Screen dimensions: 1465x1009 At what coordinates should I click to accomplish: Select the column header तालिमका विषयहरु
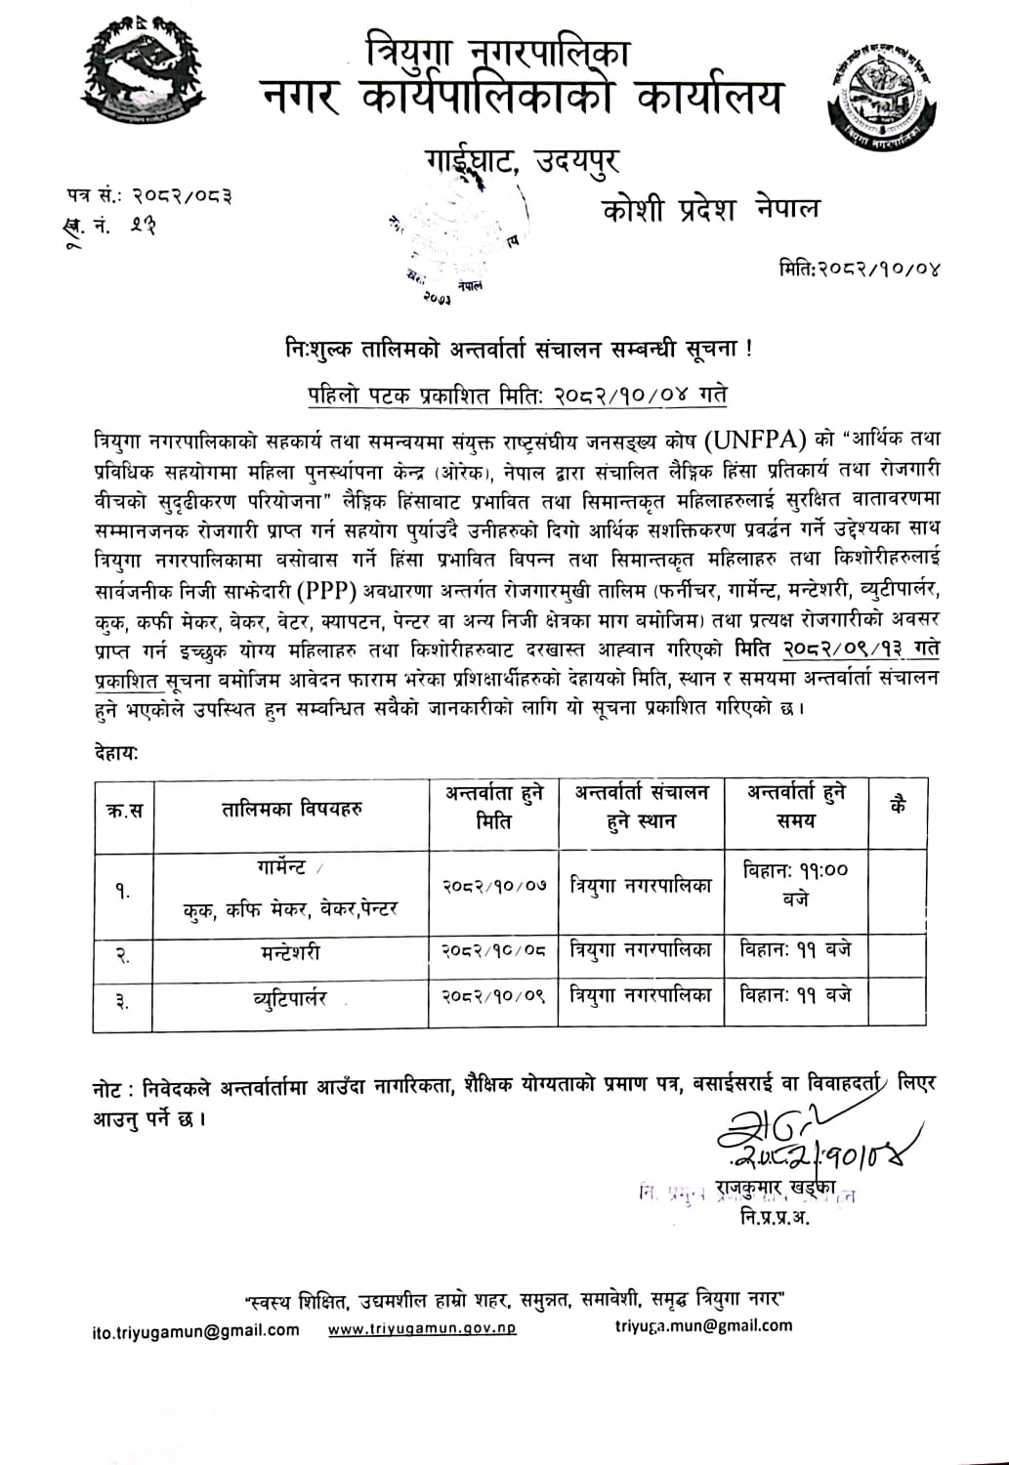pos(292,809)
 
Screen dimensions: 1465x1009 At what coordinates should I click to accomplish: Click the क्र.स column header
pos(124,810)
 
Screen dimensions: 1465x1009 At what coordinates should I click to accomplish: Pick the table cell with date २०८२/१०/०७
pos(493,886)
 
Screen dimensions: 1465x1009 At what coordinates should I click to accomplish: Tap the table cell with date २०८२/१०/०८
pos(493,949)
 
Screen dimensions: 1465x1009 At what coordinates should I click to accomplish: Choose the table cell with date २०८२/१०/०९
pos(493,995)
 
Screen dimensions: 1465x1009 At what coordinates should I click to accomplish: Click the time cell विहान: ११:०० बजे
pos(795,884)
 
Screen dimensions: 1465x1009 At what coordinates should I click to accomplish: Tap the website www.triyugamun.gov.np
pos(422,1328)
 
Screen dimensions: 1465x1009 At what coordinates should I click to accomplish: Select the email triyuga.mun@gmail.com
pos(703,1325)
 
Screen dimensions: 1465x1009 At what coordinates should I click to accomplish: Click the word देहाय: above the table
pos(115,753)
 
